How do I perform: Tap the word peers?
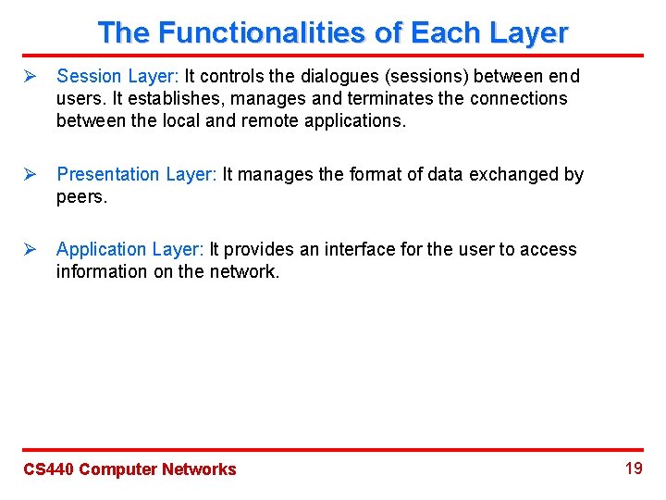(x=81, y=196)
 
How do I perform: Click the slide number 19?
(x=634, y=469)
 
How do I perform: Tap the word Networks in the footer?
(x=199, y=469)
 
